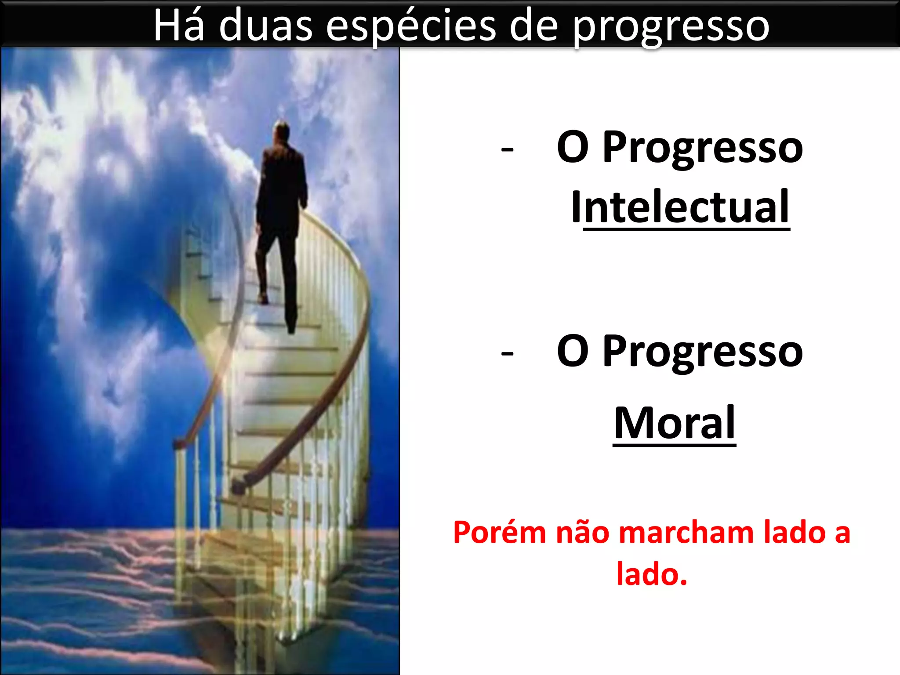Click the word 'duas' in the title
point(265,26)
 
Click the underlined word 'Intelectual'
point(680,207)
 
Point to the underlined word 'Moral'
point(674,423)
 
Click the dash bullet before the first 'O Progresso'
point(507,150)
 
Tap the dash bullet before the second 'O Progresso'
point(507,353)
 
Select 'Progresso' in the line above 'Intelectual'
point(702,148)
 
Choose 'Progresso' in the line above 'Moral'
point(702,352)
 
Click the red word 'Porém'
point(499,533)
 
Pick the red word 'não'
point(584,533)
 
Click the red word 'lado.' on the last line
point(651,574)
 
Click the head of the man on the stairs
point(281,131)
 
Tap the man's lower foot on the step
point(291,328)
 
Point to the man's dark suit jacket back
point(281,185)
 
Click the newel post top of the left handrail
point(179,444)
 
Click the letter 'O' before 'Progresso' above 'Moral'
point(573,351)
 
